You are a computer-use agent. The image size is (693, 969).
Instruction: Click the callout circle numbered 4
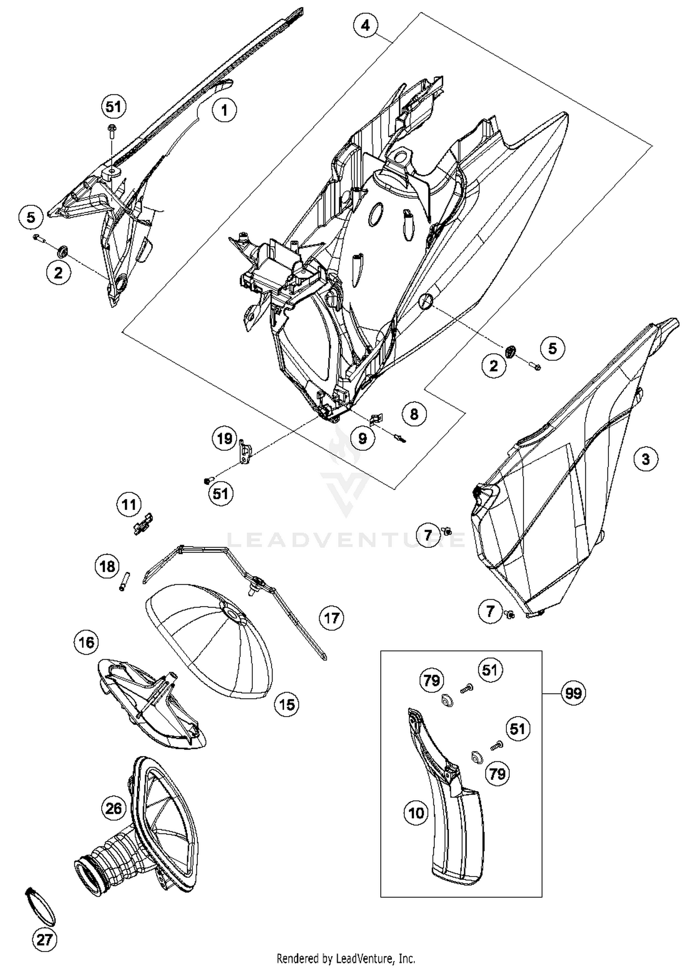[365, 25]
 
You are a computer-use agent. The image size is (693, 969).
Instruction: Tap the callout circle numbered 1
[225, 110]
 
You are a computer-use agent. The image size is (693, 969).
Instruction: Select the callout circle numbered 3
[645, 459]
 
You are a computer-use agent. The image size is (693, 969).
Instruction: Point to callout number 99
[573, 693]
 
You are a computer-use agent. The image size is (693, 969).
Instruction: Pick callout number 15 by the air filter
[287, 705]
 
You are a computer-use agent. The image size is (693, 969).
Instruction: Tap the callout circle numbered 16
[86, 642]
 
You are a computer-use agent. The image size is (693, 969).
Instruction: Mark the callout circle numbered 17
[332, 618]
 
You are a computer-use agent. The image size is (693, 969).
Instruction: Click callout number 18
[107, 566]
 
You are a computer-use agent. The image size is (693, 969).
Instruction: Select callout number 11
[129, 504]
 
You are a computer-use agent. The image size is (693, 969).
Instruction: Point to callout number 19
[225, 438]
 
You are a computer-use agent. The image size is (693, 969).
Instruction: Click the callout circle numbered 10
[416, 812]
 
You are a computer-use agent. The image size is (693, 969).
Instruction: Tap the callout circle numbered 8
[414, 414]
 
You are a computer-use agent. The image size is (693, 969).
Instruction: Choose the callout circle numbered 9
[363, 438]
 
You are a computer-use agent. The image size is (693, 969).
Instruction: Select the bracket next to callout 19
[245, 453]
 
